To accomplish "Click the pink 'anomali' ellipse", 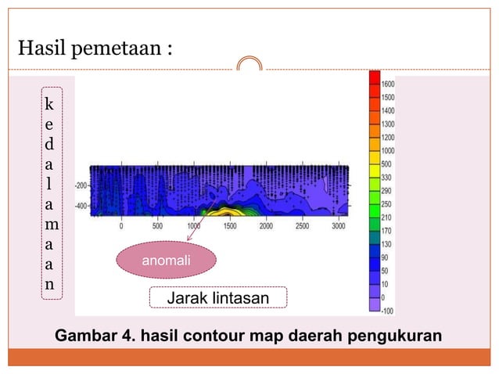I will click(165, 260).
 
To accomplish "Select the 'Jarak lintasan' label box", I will click(218, 298).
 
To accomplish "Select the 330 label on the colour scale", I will click(389, 178).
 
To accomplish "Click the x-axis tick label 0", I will click(121, 225).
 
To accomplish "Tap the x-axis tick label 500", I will click(157, 225).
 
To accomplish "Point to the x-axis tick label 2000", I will click(266, 225).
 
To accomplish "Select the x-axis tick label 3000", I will click(338, 225).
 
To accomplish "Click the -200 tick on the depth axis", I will click(81, 186).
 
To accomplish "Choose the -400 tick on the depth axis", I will click(81, 207).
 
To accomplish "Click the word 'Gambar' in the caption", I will click(82, 336).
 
